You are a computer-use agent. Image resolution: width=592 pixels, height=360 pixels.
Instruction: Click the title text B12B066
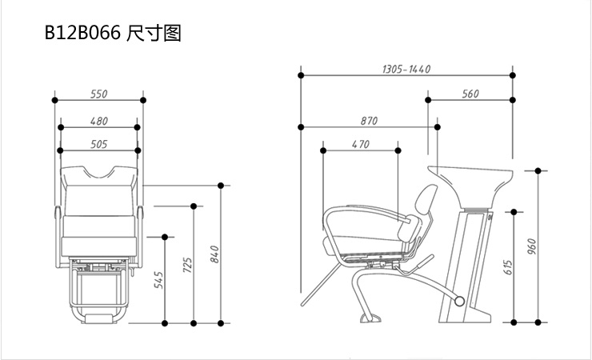82,34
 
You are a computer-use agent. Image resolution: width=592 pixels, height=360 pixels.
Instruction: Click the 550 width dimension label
99,94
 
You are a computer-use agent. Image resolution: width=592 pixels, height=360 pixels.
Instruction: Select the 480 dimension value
99,121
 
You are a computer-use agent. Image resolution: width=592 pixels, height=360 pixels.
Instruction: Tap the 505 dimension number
99,144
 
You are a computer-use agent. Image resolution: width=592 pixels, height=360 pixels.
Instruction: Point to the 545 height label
158,280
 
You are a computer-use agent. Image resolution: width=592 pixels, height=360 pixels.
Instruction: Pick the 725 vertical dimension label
188,266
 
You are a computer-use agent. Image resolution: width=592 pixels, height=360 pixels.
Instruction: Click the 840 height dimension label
214,254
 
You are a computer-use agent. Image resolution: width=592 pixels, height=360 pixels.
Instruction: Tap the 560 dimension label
470,94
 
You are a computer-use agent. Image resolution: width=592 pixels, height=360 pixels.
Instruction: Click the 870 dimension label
368,121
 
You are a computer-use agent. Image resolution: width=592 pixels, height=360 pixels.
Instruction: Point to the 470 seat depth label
360,144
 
